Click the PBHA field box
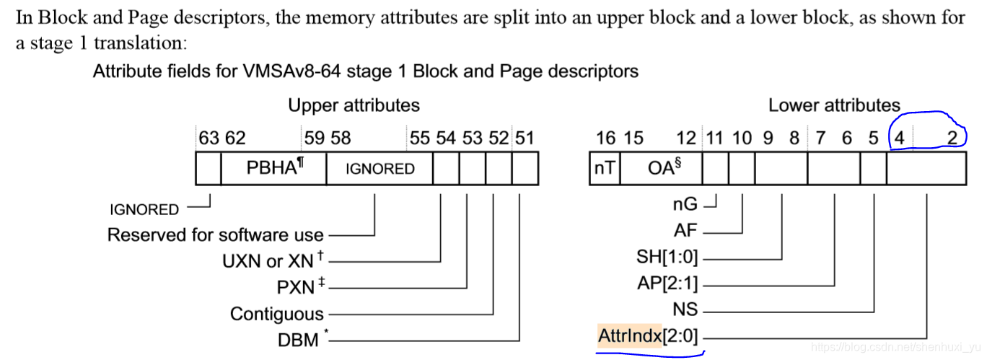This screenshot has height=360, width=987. click(273, 168)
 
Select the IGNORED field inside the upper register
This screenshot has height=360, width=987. click(380, 169)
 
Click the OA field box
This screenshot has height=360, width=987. click(659, 168)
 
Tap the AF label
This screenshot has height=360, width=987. click(686, 232)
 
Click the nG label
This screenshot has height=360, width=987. click(685, 206)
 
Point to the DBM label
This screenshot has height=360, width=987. click(298, 339)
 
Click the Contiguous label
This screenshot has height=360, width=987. click(277, 314)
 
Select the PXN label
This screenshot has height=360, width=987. click(296, 287)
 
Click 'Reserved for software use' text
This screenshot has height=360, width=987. click(215, 234)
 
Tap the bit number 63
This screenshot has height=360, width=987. click(209, 138)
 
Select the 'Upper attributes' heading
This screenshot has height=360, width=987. click(354, 105)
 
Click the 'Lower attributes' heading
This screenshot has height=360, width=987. click(834, 105)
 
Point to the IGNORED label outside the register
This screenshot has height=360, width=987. click(144, 209)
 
